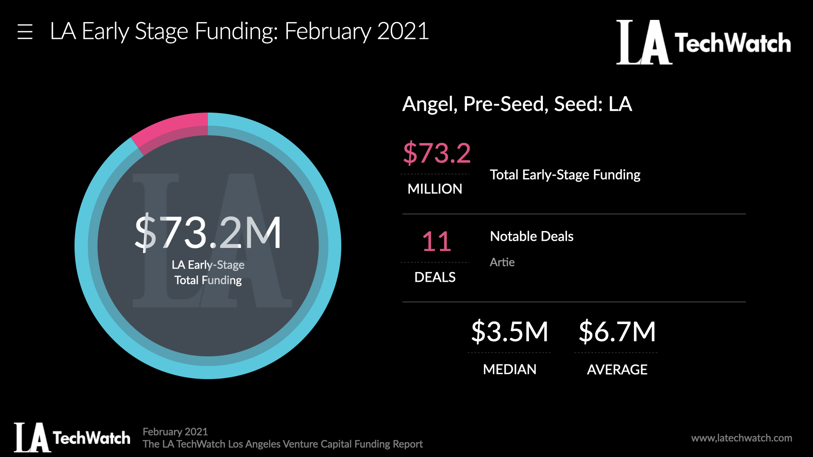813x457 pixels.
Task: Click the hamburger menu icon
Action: click(x=25, y=32)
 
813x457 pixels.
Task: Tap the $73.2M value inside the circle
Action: click(x=207, y=232)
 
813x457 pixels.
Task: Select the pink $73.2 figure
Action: click(x=437, y=153)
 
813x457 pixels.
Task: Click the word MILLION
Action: click(x=435, y=189)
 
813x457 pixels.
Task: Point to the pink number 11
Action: click(x=437, y=242)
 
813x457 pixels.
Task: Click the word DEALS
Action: click(x=435, y=277)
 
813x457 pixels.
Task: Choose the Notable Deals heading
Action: click(x=531, y=236)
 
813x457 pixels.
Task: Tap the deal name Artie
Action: click(x=502, y=262)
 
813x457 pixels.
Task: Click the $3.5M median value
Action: click(x=509, y=331)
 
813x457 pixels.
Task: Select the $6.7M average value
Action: click(x=617, y=331)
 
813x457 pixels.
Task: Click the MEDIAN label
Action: click(x=509, y=369)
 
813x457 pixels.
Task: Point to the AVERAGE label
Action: click(x=617, y=369)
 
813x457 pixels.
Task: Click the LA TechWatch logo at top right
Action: click(x=703, y=42)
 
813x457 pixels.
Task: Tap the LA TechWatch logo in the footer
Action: click(x=72, y=438)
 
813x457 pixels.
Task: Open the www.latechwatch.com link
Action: click(x=741, y=438)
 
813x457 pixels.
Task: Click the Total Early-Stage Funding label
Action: click(x=565, y=175)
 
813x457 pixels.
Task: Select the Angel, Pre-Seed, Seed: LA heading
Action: click(x=517, y=104)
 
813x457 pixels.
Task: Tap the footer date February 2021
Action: click(x=175, y=432)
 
